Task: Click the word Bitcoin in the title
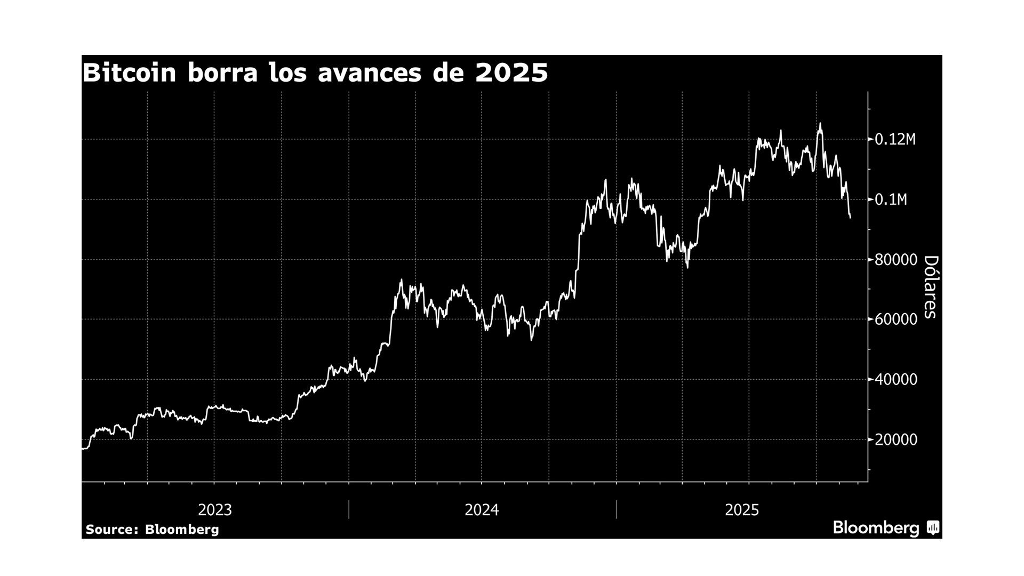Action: tap(130, 73)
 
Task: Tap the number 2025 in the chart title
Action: tap(511, 73)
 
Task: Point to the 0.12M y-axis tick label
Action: tap(895, 140)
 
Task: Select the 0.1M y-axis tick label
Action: tap(891, 200)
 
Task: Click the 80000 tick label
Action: tap(896, 260)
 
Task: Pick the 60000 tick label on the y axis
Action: tap(896, 319)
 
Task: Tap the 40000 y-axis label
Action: tap(896, 380)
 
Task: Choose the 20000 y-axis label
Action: tap(896, 440)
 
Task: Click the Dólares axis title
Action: tap(930, 287)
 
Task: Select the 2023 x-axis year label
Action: tap(215, 510)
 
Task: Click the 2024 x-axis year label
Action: tap(482, 510)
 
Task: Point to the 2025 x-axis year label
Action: tap(742, 510)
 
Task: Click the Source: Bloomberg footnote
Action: tap(152, 530)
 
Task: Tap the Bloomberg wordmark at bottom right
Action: tap(876, 528)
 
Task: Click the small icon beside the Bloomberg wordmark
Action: tap(933, 528)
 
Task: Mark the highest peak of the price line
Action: tap(820, 124)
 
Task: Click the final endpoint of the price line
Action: tap(850, 218)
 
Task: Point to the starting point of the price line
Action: tap(83, 449)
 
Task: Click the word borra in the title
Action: tap(222, 73)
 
